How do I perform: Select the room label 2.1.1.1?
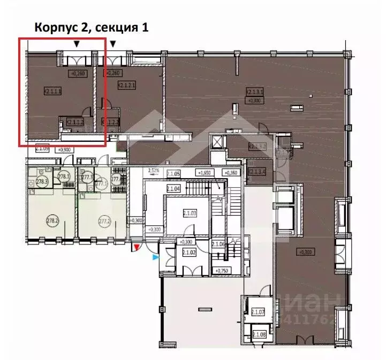(54, 91)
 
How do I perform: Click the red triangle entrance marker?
(137, 247)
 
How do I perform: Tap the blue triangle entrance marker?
(155, 258)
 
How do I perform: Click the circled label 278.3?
(42, 182)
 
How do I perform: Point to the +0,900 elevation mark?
(64, 149)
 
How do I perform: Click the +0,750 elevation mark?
(220, 271)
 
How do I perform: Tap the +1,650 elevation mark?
(204, 173)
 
